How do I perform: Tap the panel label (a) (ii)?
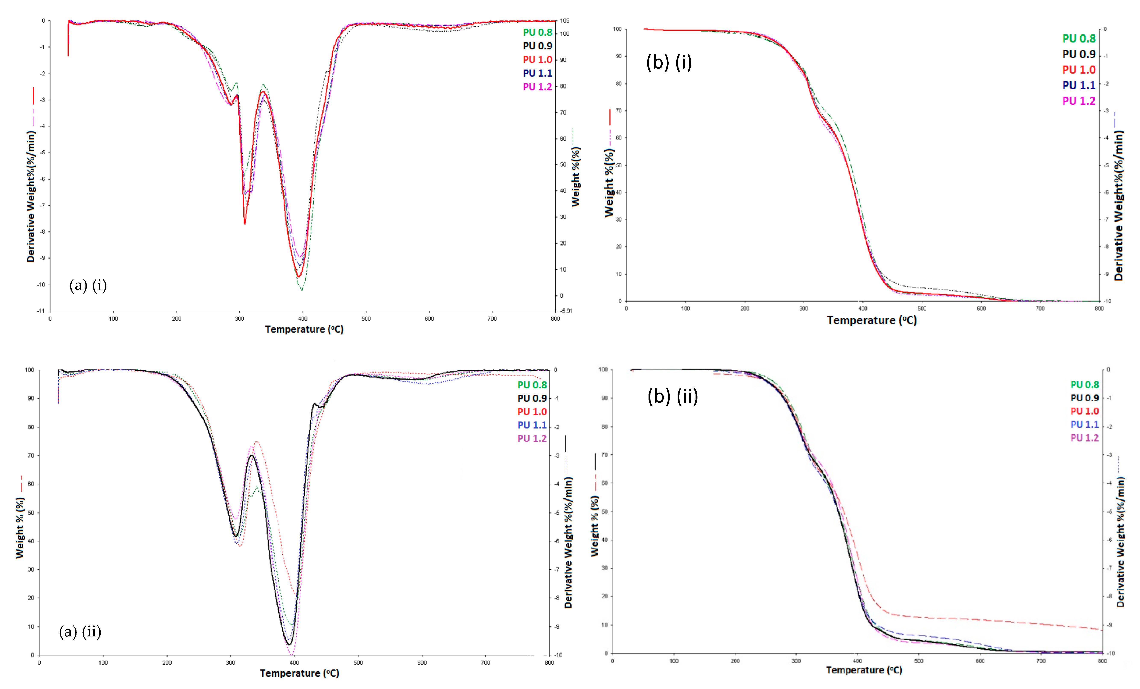(80, 632)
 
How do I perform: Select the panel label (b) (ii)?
(672, 396)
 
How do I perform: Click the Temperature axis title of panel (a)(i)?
(304, 330)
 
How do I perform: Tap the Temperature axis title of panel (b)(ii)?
(864, 670)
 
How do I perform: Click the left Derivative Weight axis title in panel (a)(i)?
(31, 197)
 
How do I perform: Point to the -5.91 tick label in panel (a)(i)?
(566, 311)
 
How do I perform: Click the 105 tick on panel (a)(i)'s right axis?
(565, 21)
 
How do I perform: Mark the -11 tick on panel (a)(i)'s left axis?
(41, 311)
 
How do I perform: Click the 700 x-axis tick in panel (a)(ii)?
(485, 663)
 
